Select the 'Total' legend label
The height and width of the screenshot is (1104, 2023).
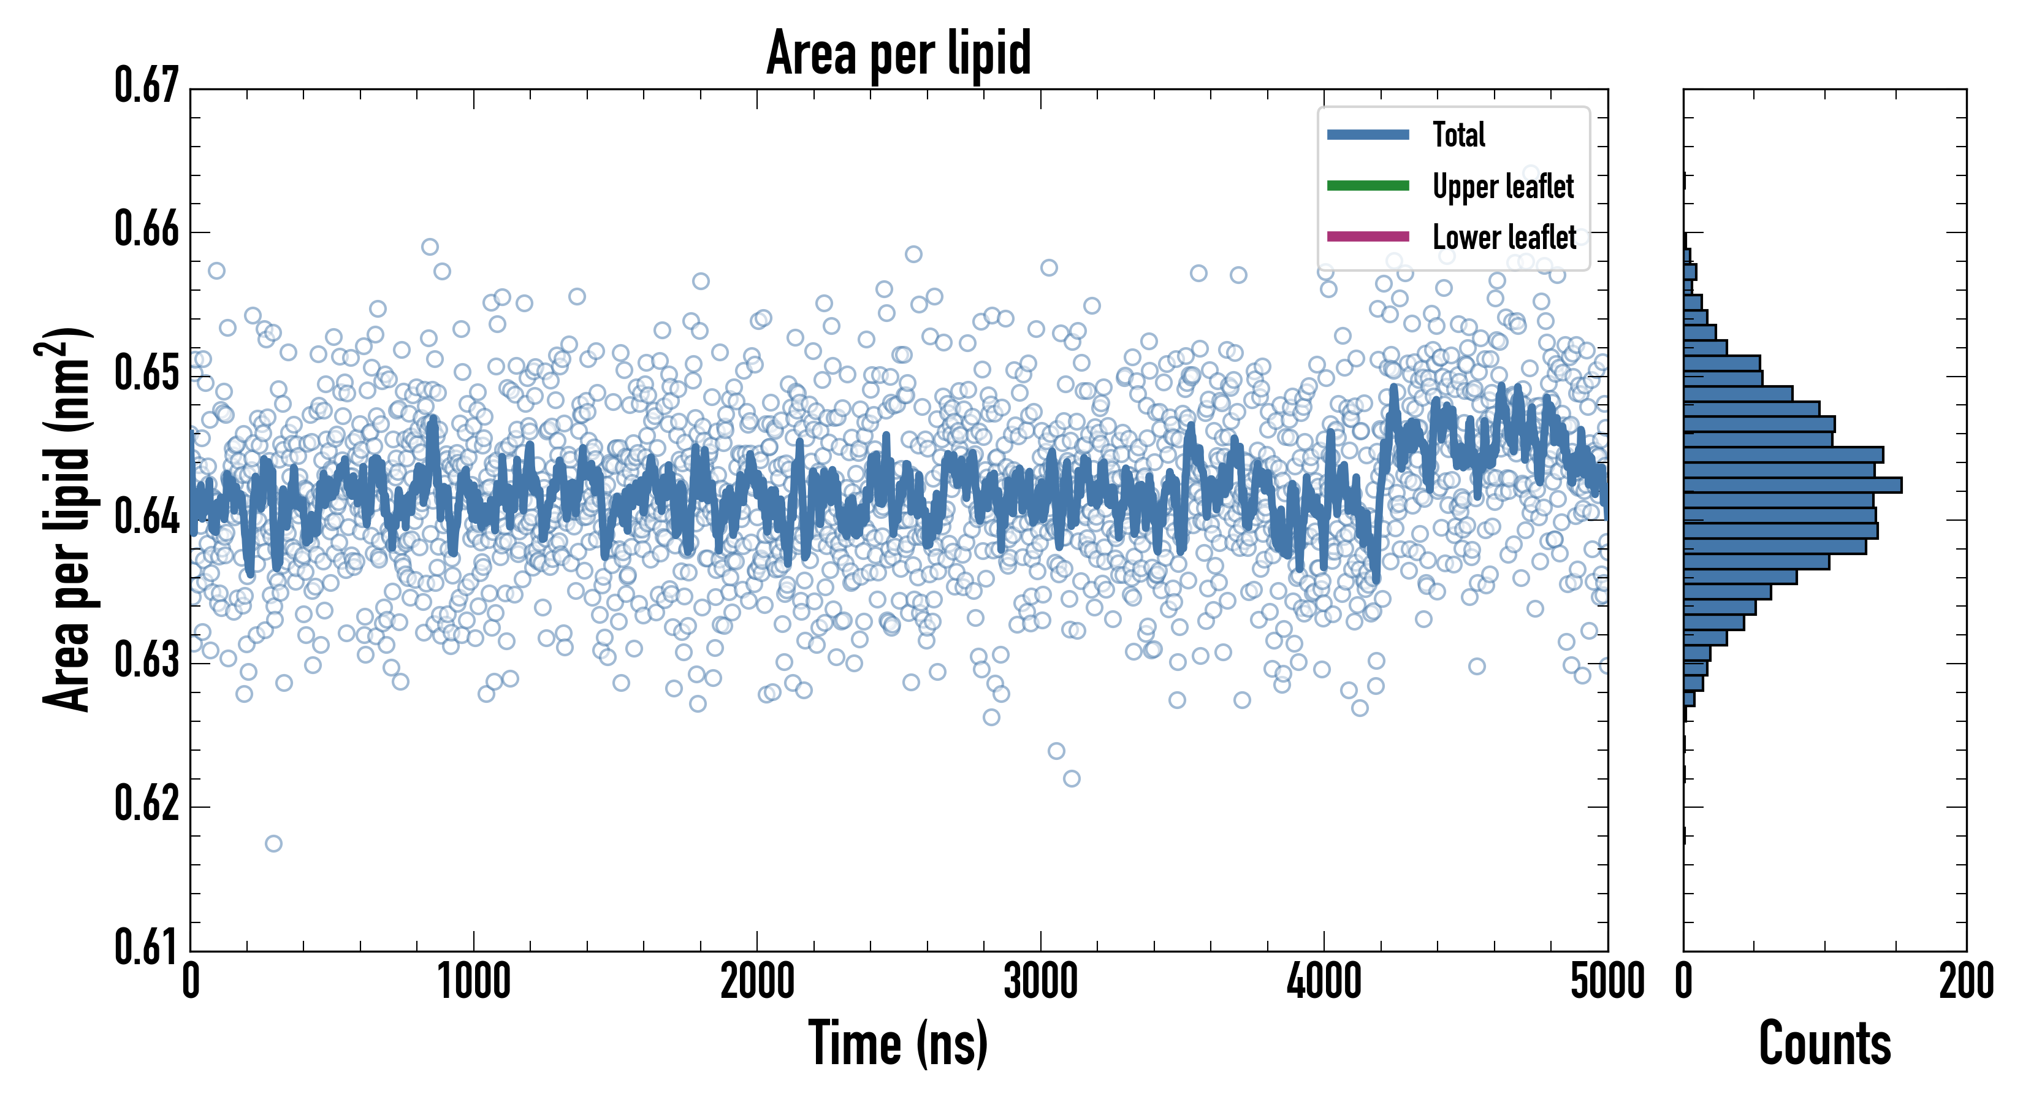[x=1458, y=134]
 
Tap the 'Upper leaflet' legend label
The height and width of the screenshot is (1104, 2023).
[x=1503, y=186]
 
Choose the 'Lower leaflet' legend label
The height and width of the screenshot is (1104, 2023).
[x=1504, y=237]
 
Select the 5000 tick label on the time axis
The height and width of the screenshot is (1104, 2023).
[x=1607, y=982]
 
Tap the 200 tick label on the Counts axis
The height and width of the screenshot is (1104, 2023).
[x=1965, y=982]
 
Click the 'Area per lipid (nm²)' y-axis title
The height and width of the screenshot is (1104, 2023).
[x=66, y=519]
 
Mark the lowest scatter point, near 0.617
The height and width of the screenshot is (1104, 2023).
[x=273, y=844]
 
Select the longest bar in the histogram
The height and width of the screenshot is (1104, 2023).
[x=1792, y=485]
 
